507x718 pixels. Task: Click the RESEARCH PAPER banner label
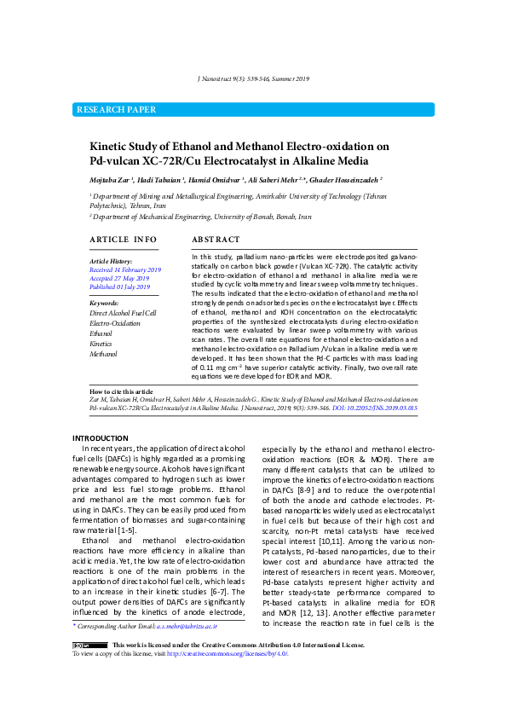click(x=117, y=110)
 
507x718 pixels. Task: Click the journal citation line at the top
click(x=253, y=79)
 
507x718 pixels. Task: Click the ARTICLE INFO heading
click(x=123, y=240)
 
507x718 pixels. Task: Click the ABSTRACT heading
click(x=216, y=240)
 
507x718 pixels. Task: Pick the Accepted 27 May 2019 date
click(x=119, y=278)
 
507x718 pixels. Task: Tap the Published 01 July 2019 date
click(x=120, y=287)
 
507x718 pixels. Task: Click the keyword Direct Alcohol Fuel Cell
click(x=123, y=314)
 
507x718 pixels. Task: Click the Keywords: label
click(x=104, y=303)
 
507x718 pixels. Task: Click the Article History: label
click(x=111, y=261)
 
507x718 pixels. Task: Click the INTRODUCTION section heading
click(x=100, y=438)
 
